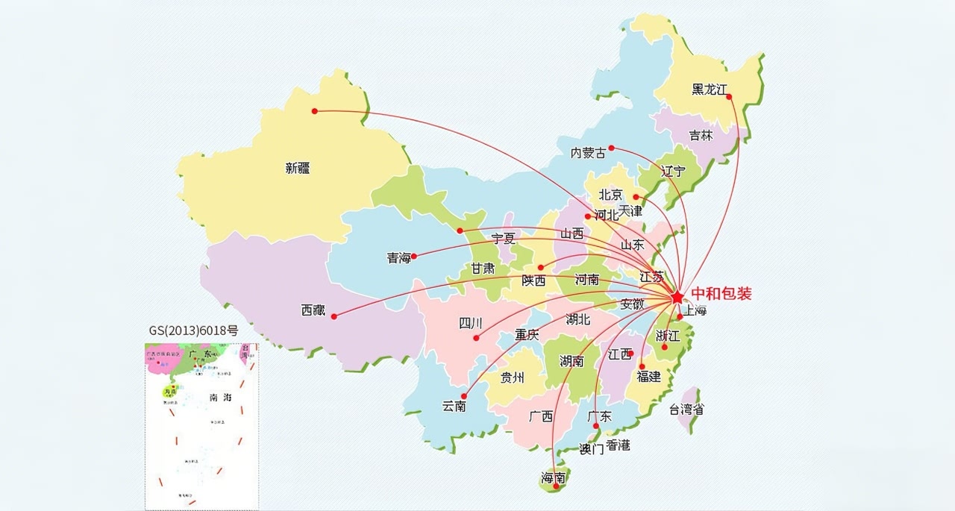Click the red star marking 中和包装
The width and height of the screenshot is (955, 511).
coord(677,297)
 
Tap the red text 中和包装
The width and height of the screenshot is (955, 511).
coord(721,293)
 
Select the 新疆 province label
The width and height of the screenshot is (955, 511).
coord(297,169)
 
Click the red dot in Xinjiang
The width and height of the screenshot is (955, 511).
coord(315,111)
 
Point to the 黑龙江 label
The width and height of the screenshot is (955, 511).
coord(709,90)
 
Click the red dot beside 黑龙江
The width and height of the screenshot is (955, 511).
coord(730,96)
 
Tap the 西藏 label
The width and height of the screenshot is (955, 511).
coord(313,310)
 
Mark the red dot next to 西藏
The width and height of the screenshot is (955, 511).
coord(334,316)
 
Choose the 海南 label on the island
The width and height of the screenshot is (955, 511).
coord(553,477)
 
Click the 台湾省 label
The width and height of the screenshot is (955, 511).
coord(686,409)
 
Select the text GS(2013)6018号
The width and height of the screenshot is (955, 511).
coord(193,330)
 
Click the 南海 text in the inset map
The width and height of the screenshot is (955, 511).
coord(220,397)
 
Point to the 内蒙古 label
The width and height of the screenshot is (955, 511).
coord(588,153)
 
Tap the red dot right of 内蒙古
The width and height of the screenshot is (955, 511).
coord(611,148)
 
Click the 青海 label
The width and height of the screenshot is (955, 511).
coord(399,258)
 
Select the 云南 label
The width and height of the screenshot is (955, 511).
coord(454,407)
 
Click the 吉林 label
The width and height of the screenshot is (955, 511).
coord(701,136)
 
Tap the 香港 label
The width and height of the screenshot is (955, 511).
coord(618,445)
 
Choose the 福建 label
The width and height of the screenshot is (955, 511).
coord(648,377)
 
